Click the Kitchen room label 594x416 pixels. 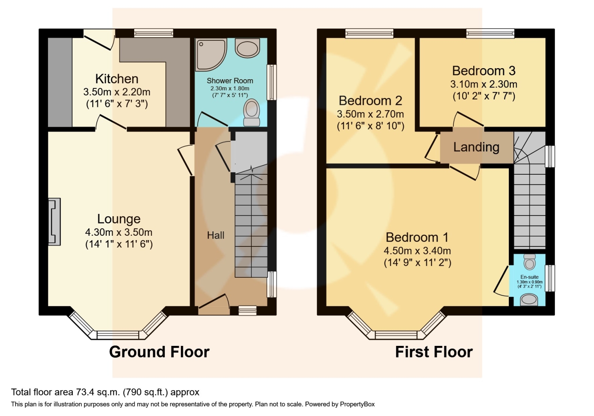pyautogui.click(x=117, y=78)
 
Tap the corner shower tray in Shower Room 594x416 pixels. pyautogui.click(x=210, y=53)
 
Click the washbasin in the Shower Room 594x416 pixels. pyautogui.click(x=247, y=48)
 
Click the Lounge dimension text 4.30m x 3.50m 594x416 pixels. pyautogui.click(x=119, y=232)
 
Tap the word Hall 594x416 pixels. pyautogui.click(x=215, y=235)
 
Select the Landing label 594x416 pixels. pyautogui.click(x=476, y=147)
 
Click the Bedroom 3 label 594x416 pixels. pyautogui.click(x=484, y=71)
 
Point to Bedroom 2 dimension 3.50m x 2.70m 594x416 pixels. pyautogui.click(x=370, y=114)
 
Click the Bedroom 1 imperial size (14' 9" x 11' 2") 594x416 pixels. pyautogui.click(x=417, y=262)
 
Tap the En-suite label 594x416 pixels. pyautogui.click(x=529, y=277)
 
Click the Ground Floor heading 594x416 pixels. pyautogui.click(x=159, y=352)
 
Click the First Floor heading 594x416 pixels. pyautogui.click(x=434, y=352)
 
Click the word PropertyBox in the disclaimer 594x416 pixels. pyautogui.click(x=357, y=404)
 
